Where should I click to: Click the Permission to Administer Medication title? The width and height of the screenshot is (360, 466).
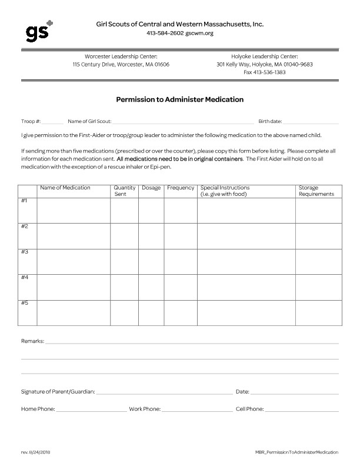click(x=179, y=99)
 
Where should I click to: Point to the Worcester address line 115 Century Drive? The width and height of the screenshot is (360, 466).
click(x=121, y=64)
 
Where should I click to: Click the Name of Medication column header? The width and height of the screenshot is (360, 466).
click(x=65, y=188)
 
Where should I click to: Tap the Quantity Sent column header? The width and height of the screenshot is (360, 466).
click(x=124, y=191)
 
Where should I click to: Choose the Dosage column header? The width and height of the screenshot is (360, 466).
click(x=151, y=188)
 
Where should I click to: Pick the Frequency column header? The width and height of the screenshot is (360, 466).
click(x=181, y=188)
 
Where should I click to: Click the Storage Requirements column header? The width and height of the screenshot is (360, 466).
click(x=316, y=191)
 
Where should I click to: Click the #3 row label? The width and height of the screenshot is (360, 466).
click(x=25, y=252)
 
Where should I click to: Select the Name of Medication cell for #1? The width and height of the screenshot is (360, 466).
click(x=74, y=211)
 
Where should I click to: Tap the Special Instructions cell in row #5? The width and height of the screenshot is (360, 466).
click(x=246, y=312)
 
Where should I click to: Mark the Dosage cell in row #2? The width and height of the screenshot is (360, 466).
click(x=151, y=236)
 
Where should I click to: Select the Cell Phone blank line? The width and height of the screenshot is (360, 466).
click(x=301, y=408)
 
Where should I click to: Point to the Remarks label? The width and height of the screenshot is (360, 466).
click(x=32, y=341)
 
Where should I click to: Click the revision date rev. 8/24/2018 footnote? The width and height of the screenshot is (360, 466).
click(x=35, y=451)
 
